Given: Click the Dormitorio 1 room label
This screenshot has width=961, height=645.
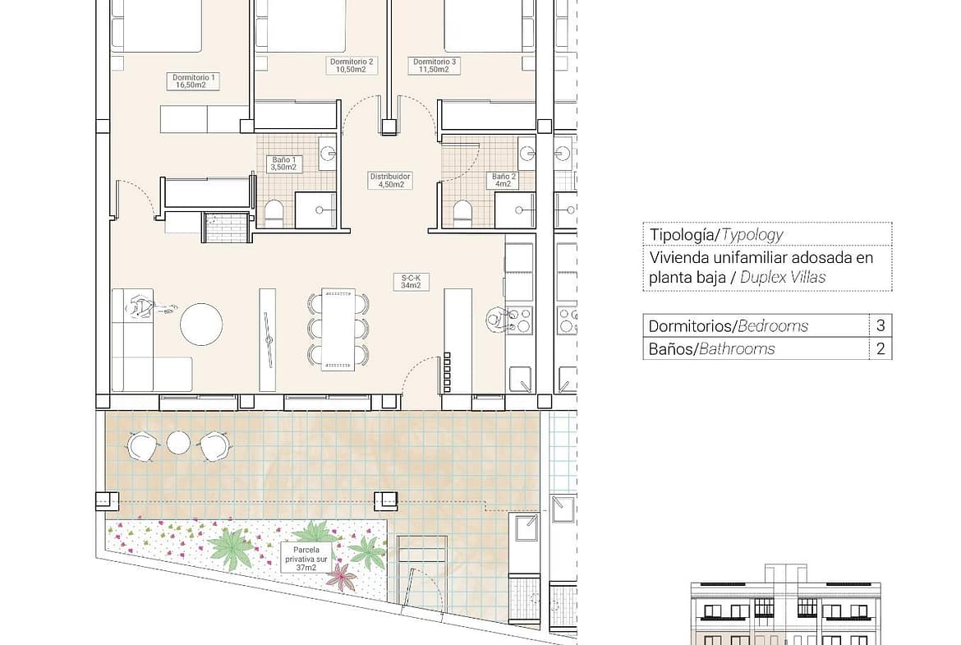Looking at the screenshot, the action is click(x=194, y=81).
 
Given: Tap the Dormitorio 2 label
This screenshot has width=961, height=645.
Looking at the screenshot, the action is click(x=352, y=66).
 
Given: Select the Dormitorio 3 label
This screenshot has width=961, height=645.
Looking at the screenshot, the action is click(x=434, y=66).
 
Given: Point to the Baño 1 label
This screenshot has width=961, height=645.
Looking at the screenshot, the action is click(x=283, y=164).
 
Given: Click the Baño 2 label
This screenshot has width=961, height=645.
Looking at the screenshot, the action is click(x=503, y=180).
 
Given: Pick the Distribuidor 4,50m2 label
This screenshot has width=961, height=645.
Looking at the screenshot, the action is click(x=390, y=180).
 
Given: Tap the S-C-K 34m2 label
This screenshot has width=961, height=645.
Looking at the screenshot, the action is click(x=411, y=282).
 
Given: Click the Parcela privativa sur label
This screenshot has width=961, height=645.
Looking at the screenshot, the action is click(x=306, y=559).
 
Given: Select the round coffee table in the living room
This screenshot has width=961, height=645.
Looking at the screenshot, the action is click(x=201, y=325).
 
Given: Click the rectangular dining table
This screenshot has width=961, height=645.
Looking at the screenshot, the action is click(x=338, y=329).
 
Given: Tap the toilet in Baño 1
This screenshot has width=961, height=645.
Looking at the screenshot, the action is click(x=274, y=213).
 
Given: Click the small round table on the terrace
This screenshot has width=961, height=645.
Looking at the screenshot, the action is click(x=178, y=443).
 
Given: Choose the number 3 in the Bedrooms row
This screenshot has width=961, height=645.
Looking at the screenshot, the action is click(x=881, y=325).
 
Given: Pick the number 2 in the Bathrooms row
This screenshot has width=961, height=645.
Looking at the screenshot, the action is click(x=881, y=349).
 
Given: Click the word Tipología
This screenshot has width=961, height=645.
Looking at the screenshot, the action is click(x=682, y=235).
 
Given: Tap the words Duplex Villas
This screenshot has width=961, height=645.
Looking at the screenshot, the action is click(x=783, y=277).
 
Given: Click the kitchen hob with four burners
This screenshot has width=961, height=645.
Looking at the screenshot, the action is click(x=518, y=320).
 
